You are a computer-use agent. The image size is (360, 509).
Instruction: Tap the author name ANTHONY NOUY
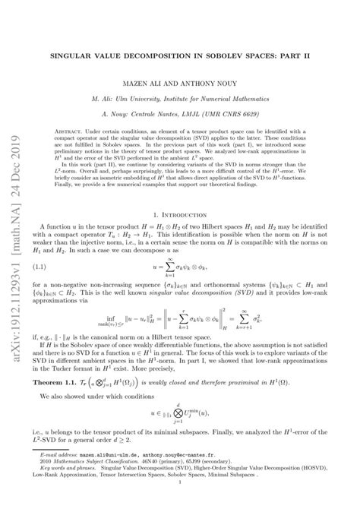point(215,84)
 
